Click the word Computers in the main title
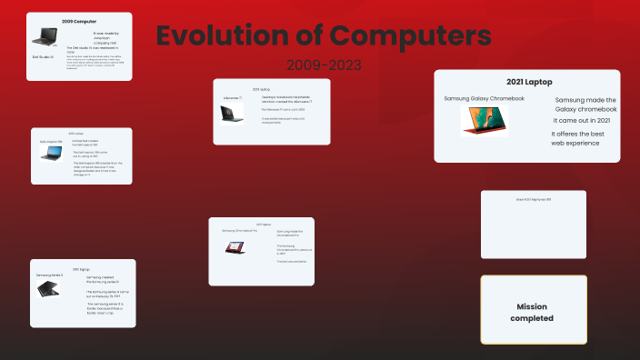410,36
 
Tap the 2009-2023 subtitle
324,65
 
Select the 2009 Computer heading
79,20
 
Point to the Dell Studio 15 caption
43,56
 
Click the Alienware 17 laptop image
232,114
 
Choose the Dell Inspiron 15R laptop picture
50,154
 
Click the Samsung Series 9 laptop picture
49,289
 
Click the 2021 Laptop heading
526,83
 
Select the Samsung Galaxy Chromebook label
485,98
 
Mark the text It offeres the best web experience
583,138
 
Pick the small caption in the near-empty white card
534,199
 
